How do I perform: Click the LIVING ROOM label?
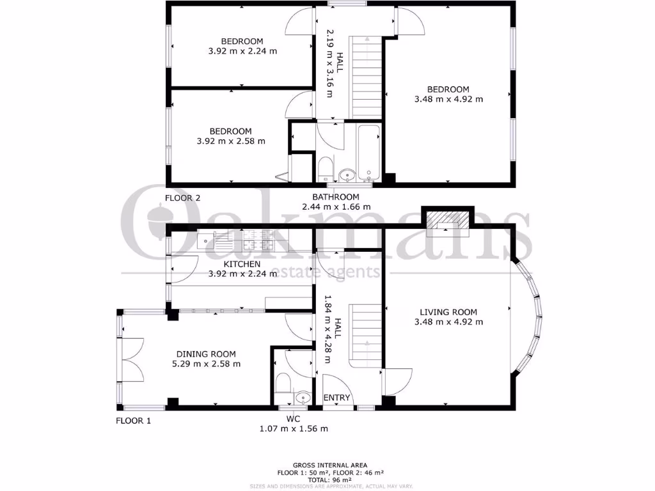448,312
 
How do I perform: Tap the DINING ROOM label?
206,354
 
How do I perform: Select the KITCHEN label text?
241,263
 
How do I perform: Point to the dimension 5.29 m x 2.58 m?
206,364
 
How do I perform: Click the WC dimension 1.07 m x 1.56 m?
293,428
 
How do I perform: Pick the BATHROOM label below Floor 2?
335,197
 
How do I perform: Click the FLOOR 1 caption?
134,421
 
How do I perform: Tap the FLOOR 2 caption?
183,198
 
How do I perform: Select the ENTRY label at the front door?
336,398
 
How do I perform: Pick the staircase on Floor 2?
367,77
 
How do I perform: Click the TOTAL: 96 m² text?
330,479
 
